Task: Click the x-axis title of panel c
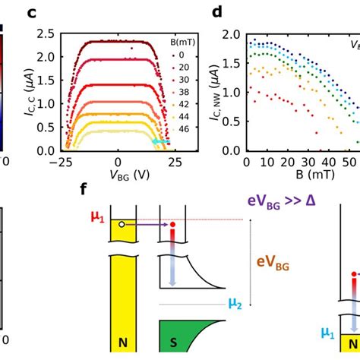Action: pyautogui.click(x=118, y=174)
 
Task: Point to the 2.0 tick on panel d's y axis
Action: pyautogui.click(x=231, y=34)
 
